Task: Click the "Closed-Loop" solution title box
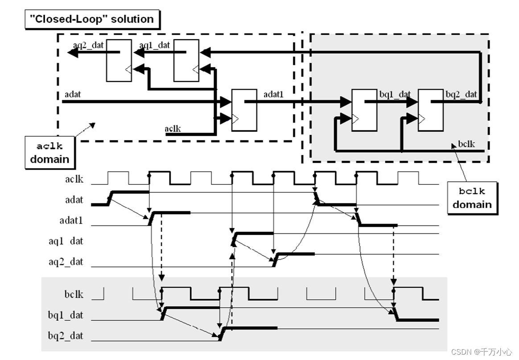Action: click(x=92, y=19)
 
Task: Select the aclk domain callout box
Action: click(x=49, y=152)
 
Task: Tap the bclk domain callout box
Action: click(x=472, y=198)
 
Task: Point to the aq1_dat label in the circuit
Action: click(x=154, y=45)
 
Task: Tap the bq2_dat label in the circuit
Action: click(x=461, y=94)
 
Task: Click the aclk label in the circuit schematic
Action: click(x=172, y=129)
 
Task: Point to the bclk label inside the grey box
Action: click(x=466, y=144)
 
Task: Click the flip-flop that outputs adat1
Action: click(x=244, y=110)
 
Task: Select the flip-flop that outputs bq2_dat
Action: click(x=431, y=110)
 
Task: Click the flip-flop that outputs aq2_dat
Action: click(x=119, y=60)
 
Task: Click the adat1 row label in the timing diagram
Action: click(x=71, y=220)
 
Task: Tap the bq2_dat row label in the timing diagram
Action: click(x=66, y=335)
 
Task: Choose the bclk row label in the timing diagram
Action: click(x=73, y=295)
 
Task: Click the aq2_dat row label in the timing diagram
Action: click(x=66, y=261)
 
